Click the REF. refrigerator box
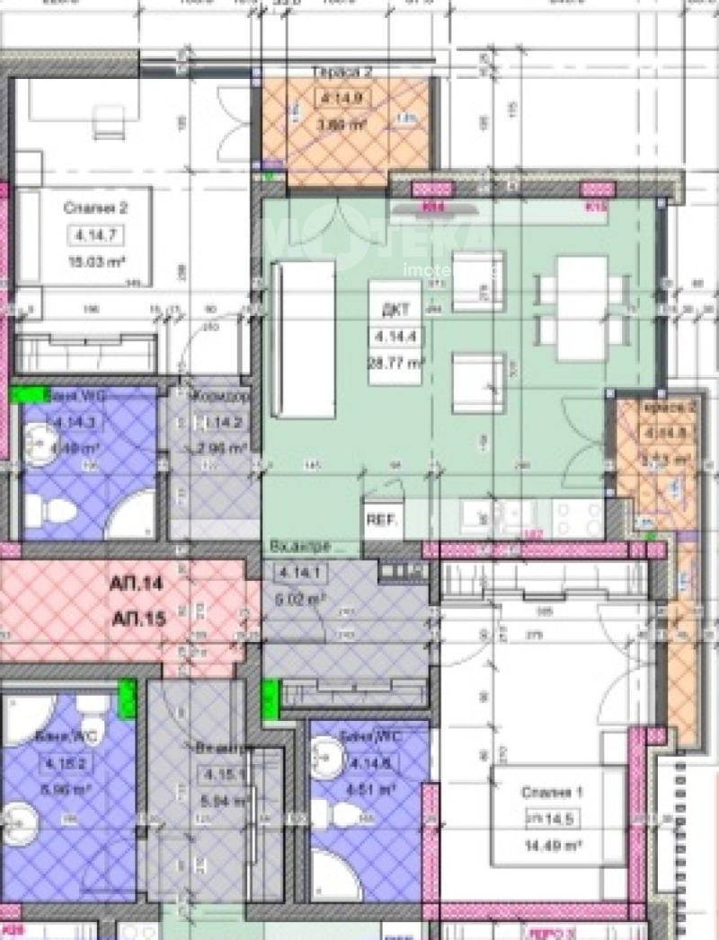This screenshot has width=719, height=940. pyautogui.click(x=384, y=520)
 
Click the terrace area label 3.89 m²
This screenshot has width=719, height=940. pyautogui.click(x=342, y=125)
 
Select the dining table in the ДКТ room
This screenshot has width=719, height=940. pyautogui.click(x=581, y=301)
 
